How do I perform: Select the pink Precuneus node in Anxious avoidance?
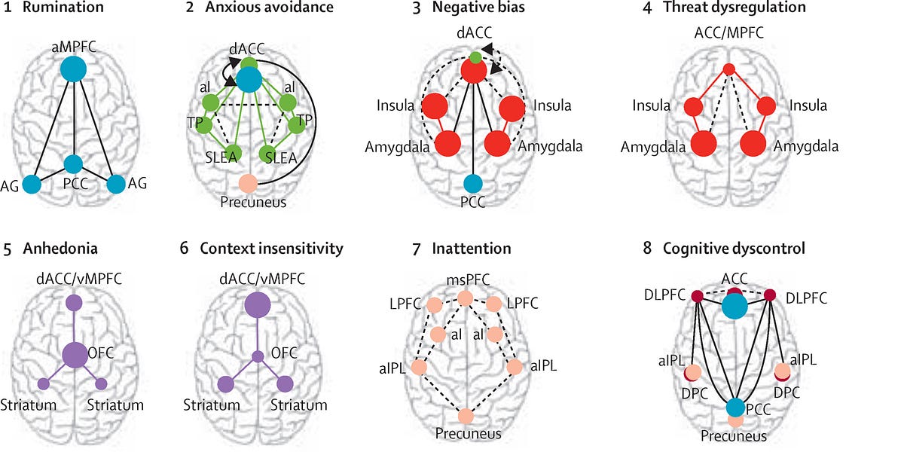[x=248, y=182]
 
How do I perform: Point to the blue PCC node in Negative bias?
[x=472, y=182]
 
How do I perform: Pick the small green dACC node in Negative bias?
[x=474, y=56]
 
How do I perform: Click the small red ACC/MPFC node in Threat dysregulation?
[x=728, y=69]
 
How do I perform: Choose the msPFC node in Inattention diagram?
[x=465, y=298]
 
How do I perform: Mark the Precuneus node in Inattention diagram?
[x=465, y=415]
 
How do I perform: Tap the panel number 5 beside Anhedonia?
[x=8, y=248]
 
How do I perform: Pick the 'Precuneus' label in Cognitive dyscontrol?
[x=734, y=435]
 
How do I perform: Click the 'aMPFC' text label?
[x=73, y=46]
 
